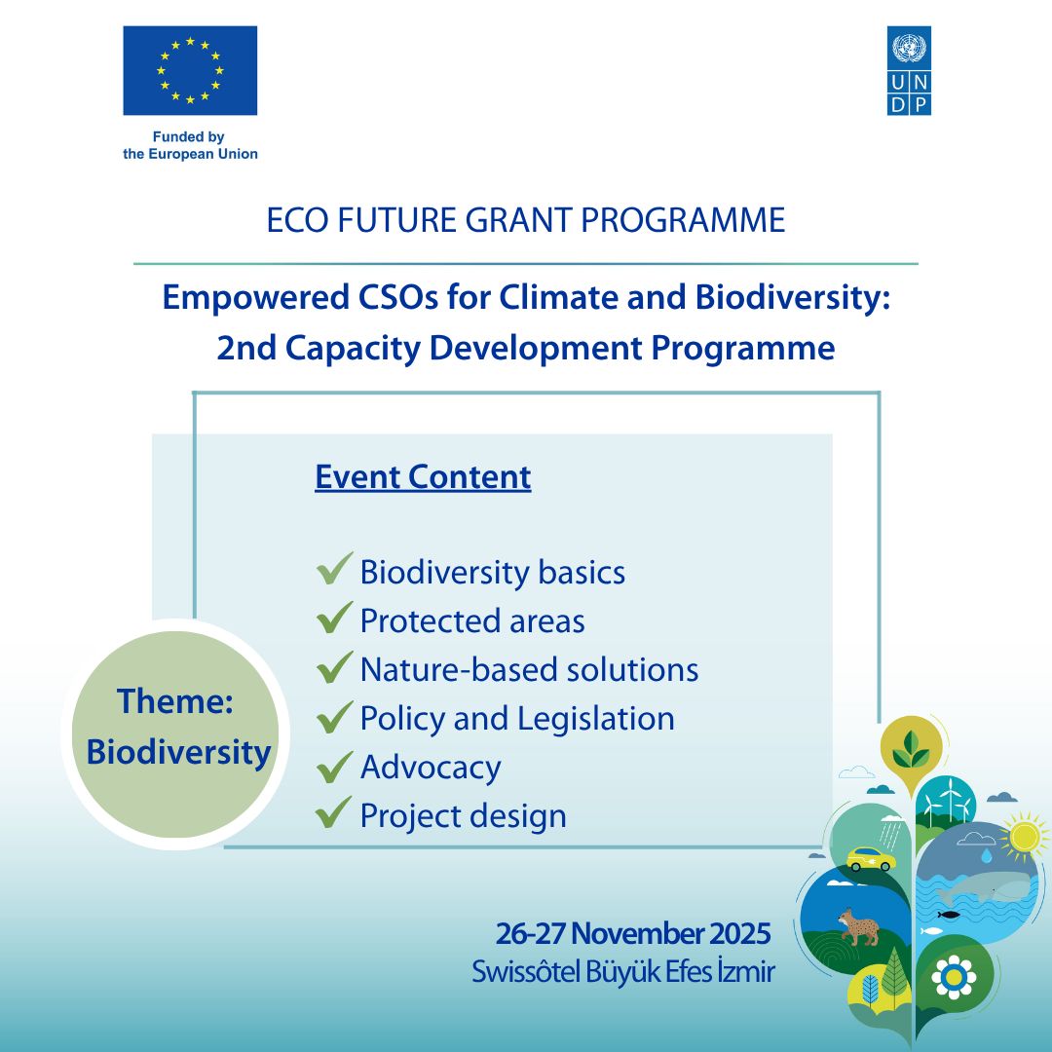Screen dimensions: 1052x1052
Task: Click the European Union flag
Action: [190, 70]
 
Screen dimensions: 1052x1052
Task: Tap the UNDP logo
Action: [909, 70]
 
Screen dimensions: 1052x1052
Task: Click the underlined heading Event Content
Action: [423, 477]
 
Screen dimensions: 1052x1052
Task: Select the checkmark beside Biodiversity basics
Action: [334, 568]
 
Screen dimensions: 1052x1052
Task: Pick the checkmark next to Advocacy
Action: [334, 767]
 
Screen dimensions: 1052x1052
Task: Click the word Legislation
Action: [596, 719]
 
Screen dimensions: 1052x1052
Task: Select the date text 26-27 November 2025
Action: [633, 934]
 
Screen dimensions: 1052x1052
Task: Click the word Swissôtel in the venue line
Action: [524, 972]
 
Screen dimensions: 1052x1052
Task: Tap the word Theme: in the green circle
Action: [175, 701]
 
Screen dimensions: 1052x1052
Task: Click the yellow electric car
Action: [871, 859]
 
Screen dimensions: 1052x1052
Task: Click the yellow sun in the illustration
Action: [1024, 836]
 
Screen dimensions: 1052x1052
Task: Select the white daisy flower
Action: [954, 978]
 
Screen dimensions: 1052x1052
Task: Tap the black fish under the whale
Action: [948, 915]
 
